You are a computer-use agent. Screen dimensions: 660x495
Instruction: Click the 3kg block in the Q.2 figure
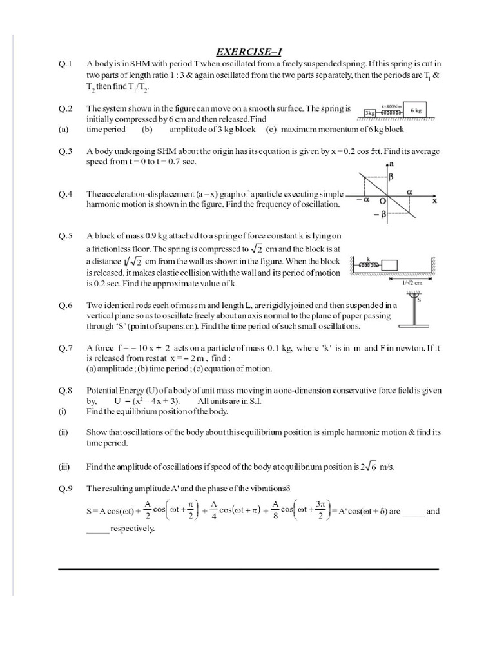click(369, 112)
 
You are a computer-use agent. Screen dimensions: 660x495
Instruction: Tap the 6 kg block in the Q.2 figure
click(416, 110)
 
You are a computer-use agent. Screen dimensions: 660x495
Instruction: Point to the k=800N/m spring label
click(392, 105)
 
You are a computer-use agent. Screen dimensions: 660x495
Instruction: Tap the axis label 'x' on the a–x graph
click(434, 201)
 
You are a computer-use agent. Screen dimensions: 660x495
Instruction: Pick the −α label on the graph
click(361, 200)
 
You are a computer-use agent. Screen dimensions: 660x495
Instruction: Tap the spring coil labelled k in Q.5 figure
click(369, 264)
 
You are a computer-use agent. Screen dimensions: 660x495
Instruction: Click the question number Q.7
click(65, 348)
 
